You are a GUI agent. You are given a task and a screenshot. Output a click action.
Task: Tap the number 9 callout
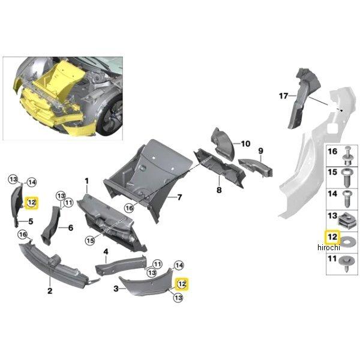coord(261,151)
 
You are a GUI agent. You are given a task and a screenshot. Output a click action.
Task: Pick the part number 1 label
coord(86,181)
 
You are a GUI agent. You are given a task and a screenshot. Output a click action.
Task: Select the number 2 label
coord(50,291)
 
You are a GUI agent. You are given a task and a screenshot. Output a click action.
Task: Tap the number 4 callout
coord(106,252)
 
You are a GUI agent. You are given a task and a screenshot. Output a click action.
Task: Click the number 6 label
coord(70,228)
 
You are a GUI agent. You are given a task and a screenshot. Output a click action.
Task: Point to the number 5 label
coord(30,221)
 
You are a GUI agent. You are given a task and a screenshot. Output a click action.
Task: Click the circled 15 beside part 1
coord(89,241)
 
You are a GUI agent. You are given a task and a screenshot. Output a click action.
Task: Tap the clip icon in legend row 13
coord(347,219)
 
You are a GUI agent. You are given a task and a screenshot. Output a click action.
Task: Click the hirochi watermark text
coord(329,248)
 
